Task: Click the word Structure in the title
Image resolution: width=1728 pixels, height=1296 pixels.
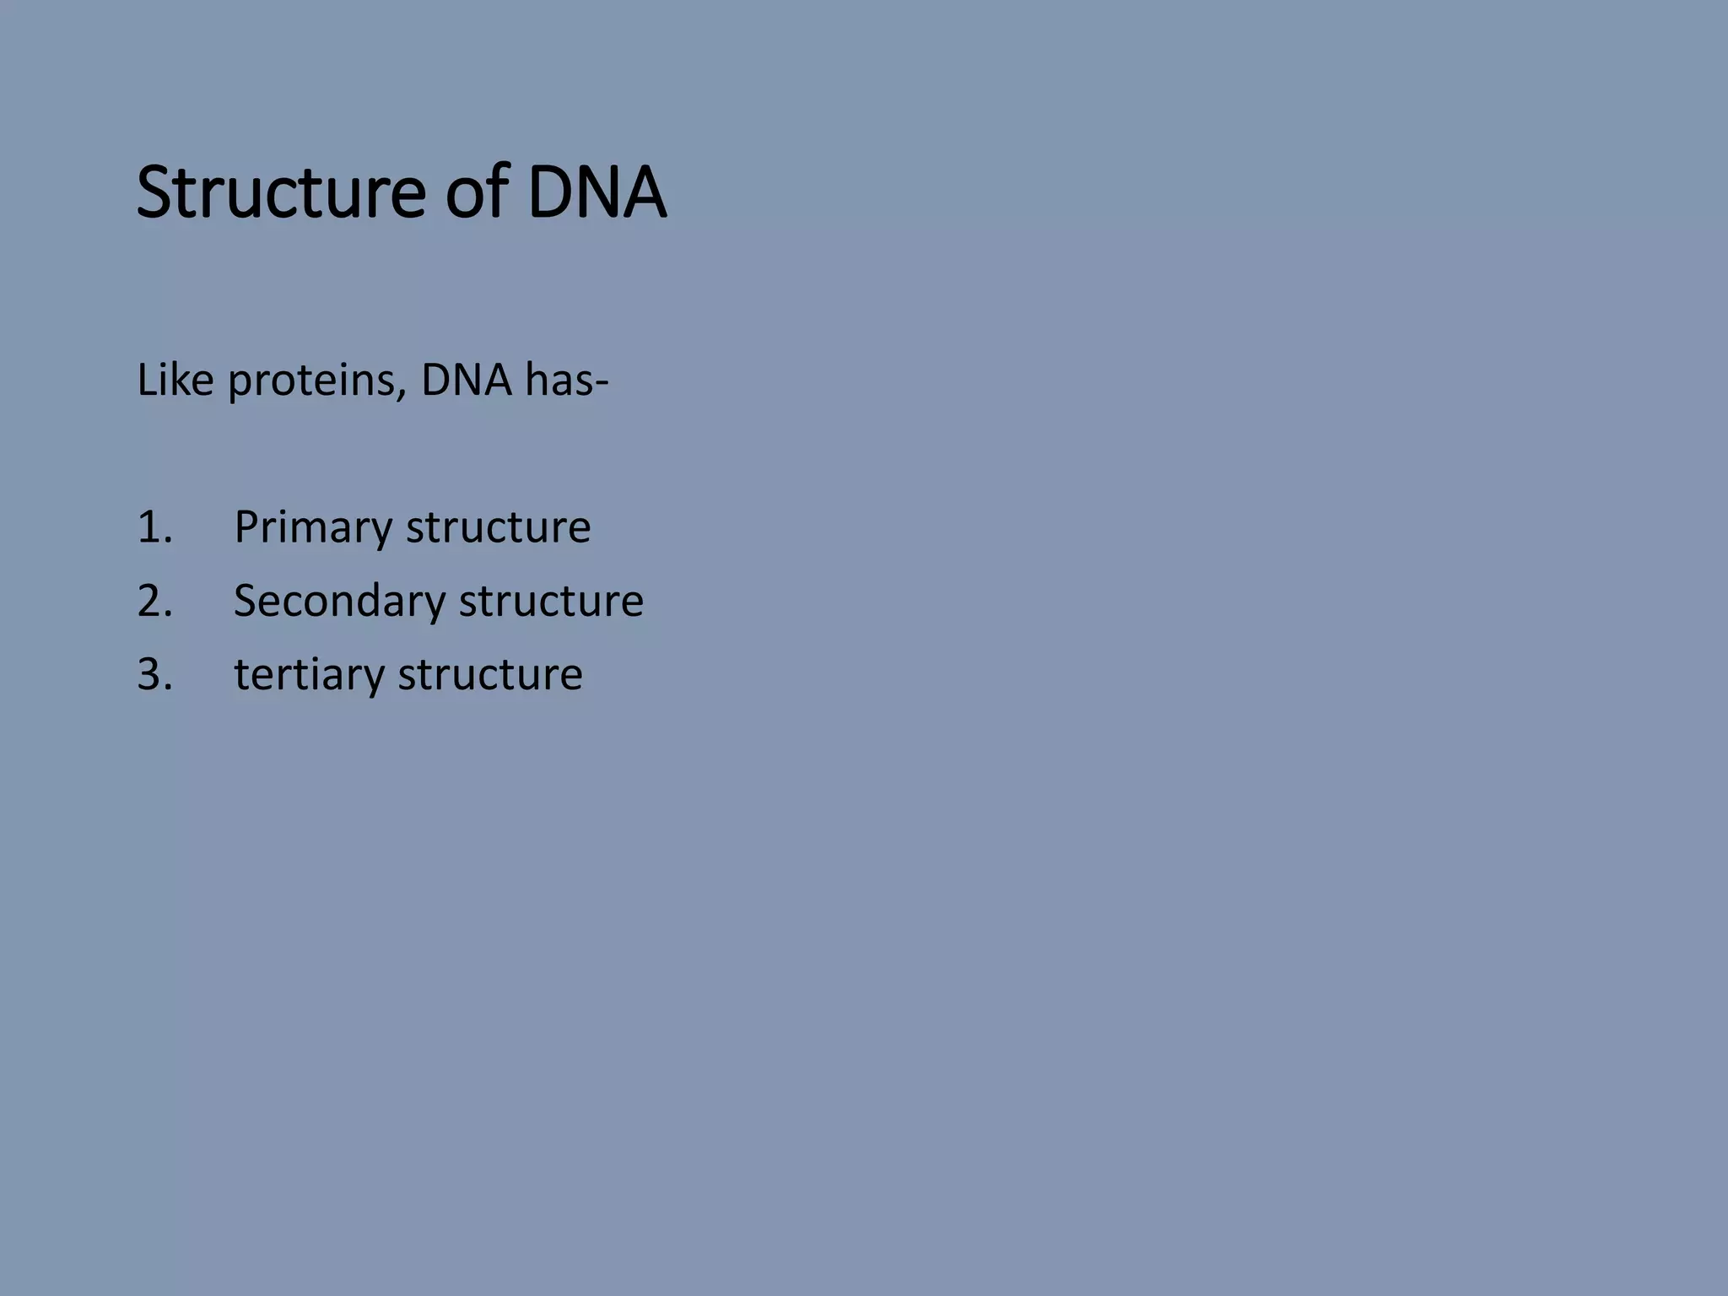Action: [281, 193]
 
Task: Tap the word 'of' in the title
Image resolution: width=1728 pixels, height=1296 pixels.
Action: [474, 193]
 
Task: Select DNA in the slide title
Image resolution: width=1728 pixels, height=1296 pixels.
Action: [597, 193]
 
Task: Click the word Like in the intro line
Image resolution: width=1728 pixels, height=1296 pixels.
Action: [175, 381]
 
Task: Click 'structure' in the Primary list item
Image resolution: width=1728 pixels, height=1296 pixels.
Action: [498, 527]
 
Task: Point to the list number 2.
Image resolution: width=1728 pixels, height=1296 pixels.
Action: [154, 602]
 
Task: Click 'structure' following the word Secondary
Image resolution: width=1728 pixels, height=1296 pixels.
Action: [551, 602]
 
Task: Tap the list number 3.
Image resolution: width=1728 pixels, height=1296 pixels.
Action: [154, 675]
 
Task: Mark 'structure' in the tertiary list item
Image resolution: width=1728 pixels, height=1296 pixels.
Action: [489, 675]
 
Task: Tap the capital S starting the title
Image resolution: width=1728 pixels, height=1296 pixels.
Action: [154, 193]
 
